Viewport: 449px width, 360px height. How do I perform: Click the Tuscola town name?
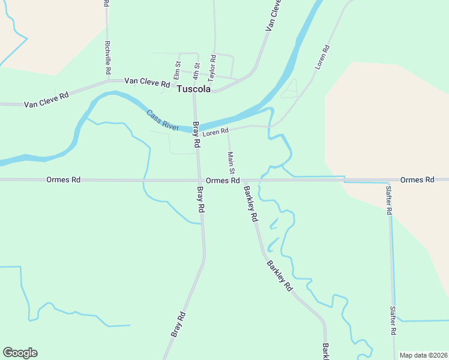pyautogui.click(x=194, y=89)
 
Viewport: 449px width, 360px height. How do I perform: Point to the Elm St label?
pyautogui.click(x=177, y=70)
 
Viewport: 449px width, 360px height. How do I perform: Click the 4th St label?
pyautogui.click(x=196, y=70)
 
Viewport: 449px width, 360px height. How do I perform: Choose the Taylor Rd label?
pyautogui.click(x=212, y=67)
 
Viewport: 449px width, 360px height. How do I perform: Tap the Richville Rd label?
pyautogui.click(x=108, y=58)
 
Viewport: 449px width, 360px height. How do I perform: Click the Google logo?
pyautogui.click(x=20, y=353)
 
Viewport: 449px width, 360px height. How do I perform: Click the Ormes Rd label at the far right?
pyautogui.click(x=417, y=180)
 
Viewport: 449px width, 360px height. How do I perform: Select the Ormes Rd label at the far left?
pyautogui.click(x=63, y=179)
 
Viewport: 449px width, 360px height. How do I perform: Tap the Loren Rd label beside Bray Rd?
pyautogui.click(x=215, y=131)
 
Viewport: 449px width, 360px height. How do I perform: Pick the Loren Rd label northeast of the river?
pyautogui.click(x=322, y=58)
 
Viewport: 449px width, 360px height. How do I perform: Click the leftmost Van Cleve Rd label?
pyautogui.click(x=46, y=100)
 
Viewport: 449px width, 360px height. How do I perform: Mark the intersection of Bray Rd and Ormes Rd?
pyautogui.click(x=200, y=180)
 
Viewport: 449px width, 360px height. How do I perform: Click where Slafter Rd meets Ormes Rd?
pyautogui.click(x=388, y=180)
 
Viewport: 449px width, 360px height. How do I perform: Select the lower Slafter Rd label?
pyautogui.click(x=393, y=320)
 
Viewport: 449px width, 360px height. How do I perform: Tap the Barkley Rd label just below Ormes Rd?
pyautogui.click(x=250, y=204)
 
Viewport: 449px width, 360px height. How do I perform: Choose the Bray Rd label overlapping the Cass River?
pyautogui.click(x=196, y=135)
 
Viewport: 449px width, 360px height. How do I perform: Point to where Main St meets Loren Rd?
pyautogui.click(x=228, y=128)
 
